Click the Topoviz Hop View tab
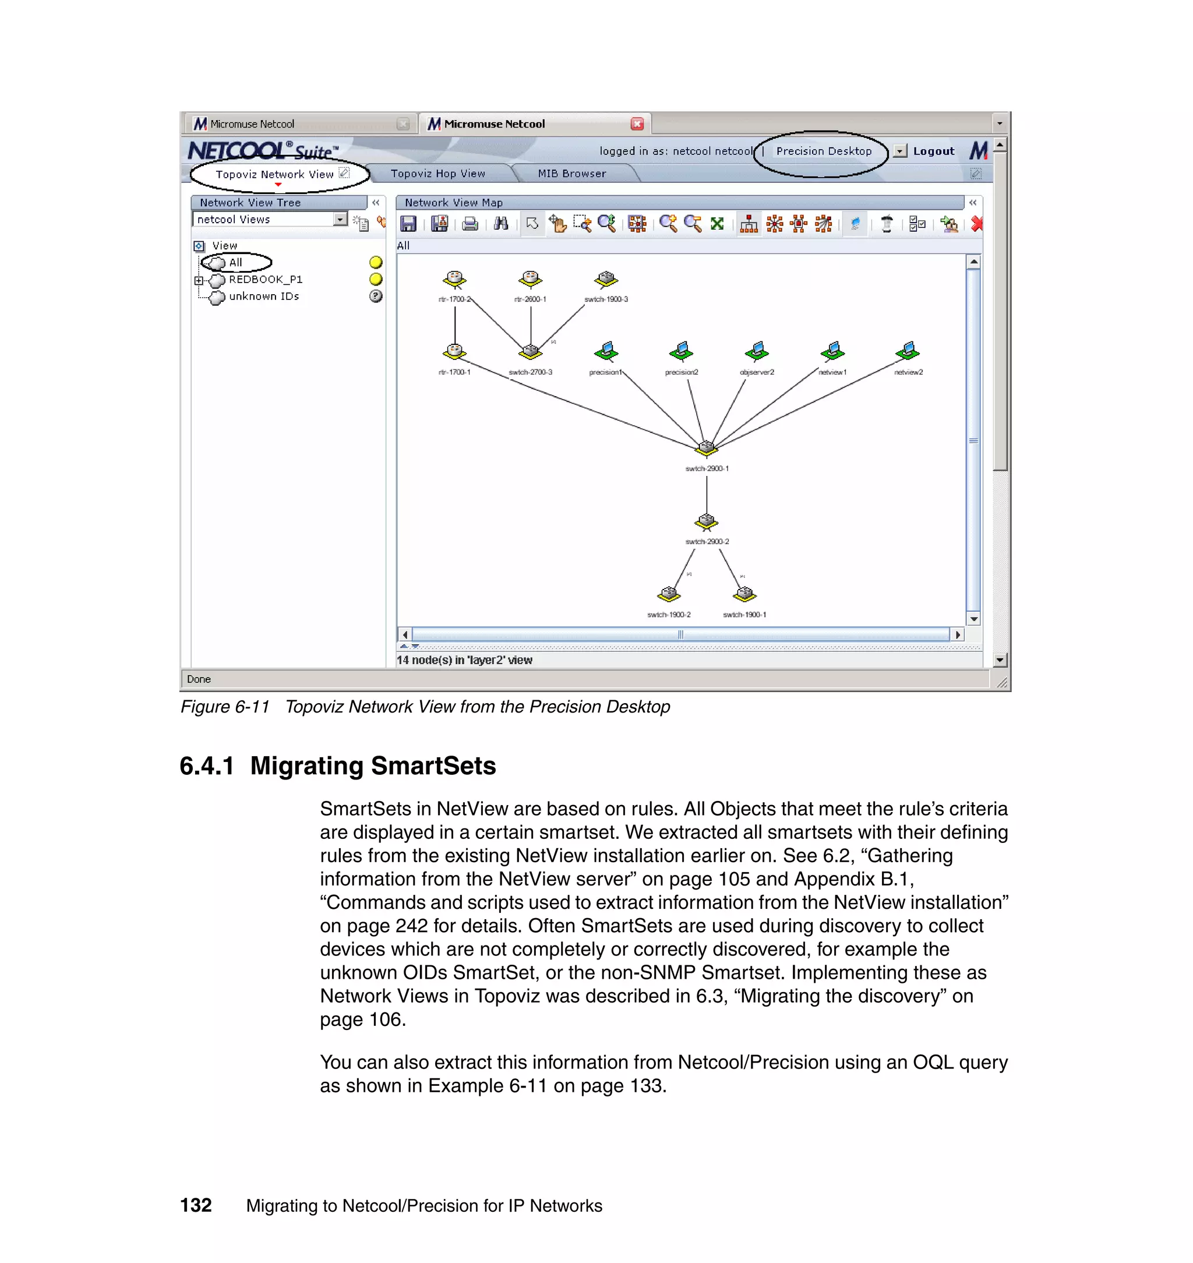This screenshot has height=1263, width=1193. point(437,174)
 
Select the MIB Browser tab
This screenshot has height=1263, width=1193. point(571,174)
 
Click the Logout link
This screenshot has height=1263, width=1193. point(933,151)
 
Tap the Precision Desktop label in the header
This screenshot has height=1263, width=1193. point(823,151)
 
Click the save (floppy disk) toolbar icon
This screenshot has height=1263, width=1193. point(408,224)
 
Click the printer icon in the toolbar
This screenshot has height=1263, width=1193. point(470,224)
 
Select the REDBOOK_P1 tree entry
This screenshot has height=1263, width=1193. point(265,280)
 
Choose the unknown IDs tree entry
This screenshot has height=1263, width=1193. point(263,297)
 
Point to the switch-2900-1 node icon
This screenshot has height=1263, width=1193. point(706,448)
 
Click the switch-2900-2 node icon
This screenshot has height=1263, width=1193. point(706,521)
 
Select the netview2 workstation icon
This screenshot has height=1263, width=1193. point(908,350)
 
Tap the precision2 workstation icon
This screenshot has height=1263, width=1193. point(681,350)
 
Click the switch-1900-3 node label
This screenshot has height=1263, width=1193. point(605,299)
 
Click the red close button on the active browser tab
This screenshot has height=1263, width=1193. point(637,124)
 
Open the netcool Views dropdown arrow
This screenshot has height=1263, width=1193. point(340,220)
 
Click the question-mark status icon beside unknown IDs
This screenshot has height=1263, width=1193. point(376,297)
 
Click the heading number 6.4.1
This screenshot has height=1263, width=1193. point(207,766)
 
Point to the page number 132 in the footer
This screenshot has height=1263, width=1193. point(196,1205)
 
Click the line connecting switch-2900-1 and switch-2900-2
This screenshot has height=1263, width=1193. point(707,495)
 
